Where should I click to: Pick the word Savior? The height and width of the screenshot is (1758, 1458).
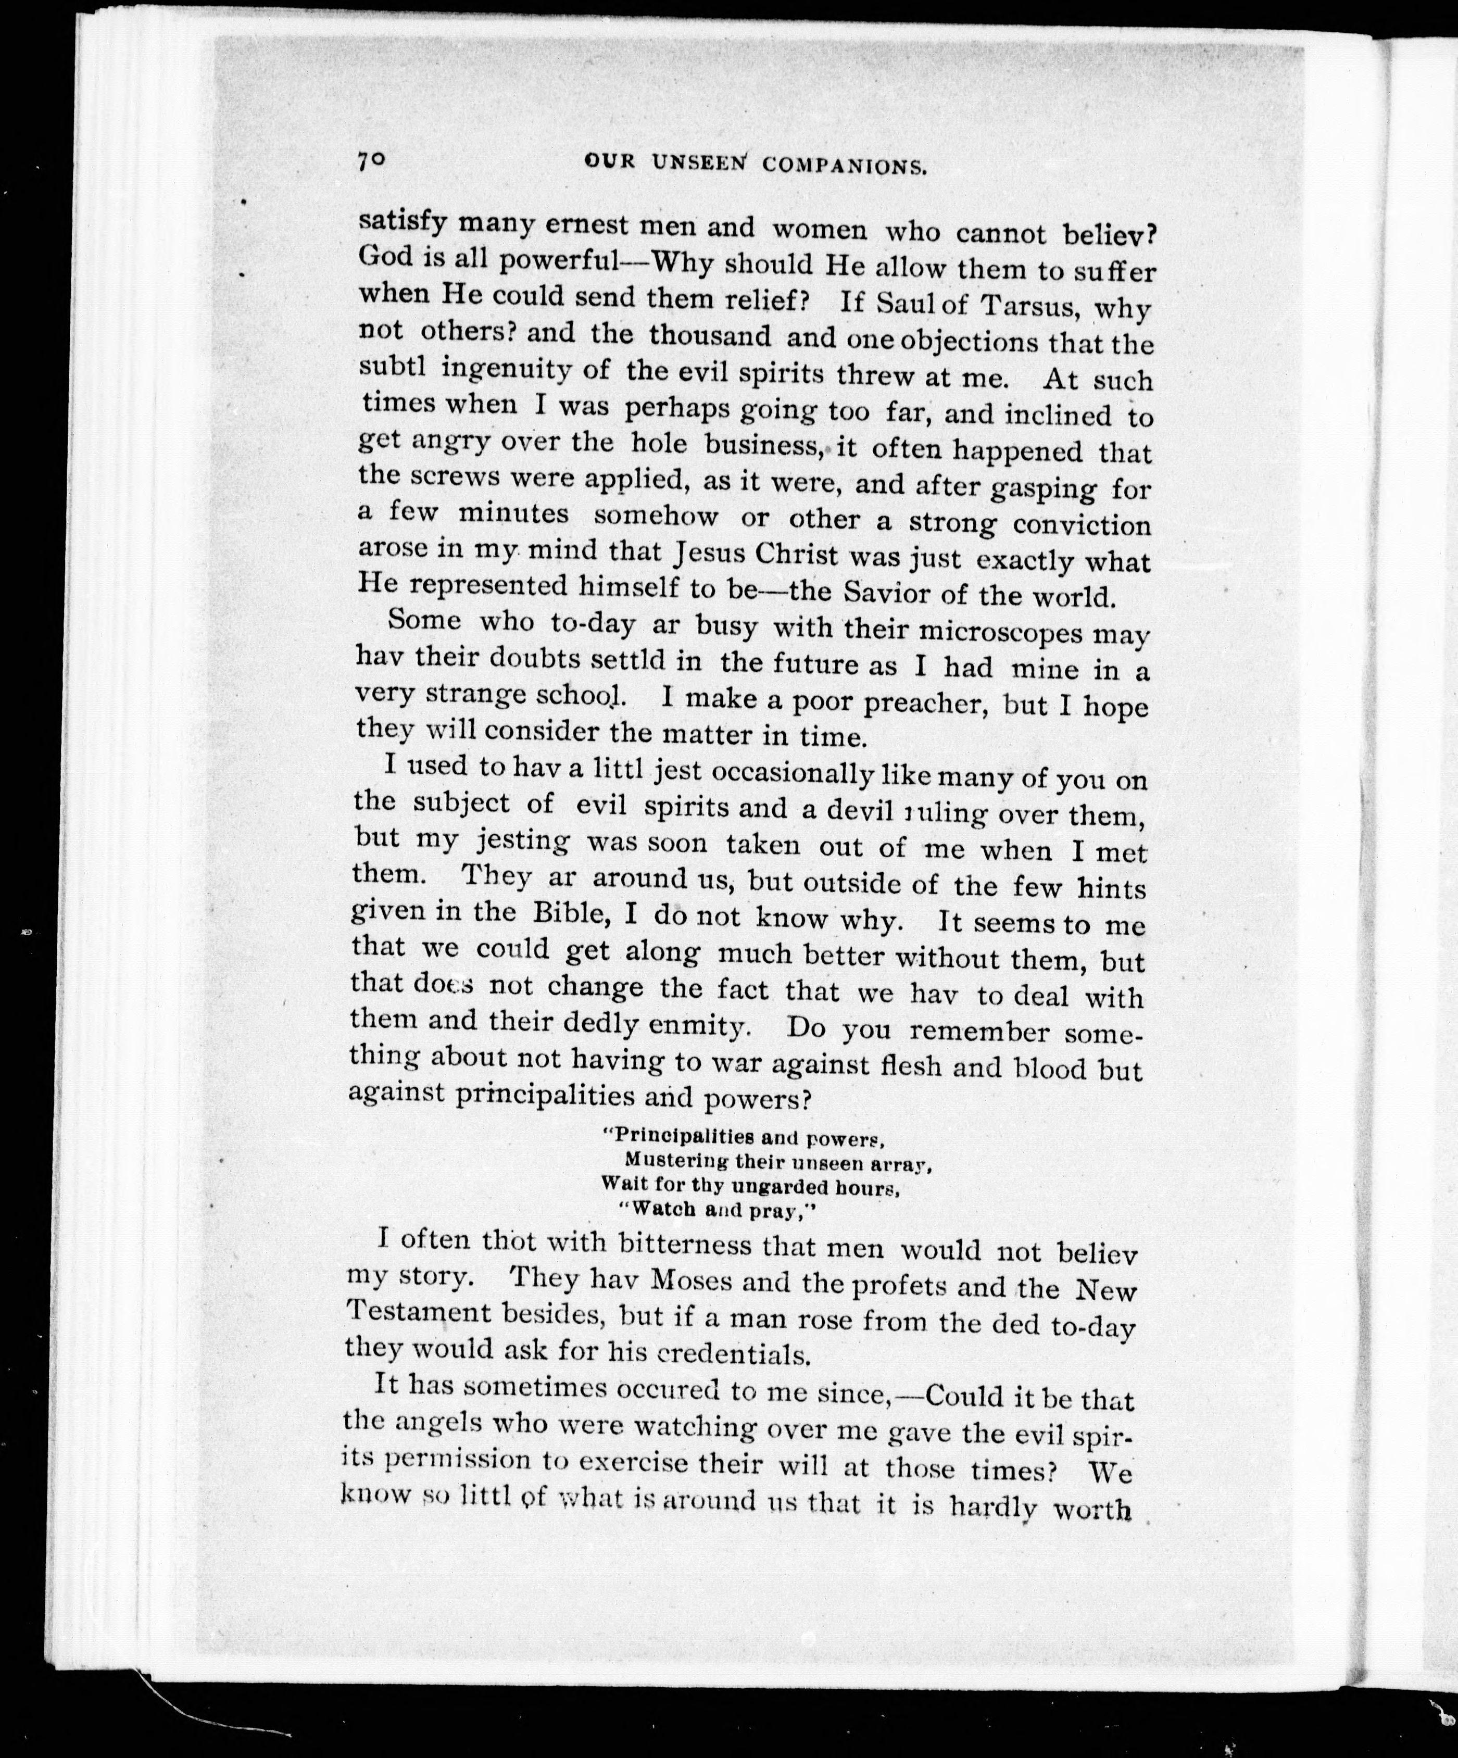point(887,593)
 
